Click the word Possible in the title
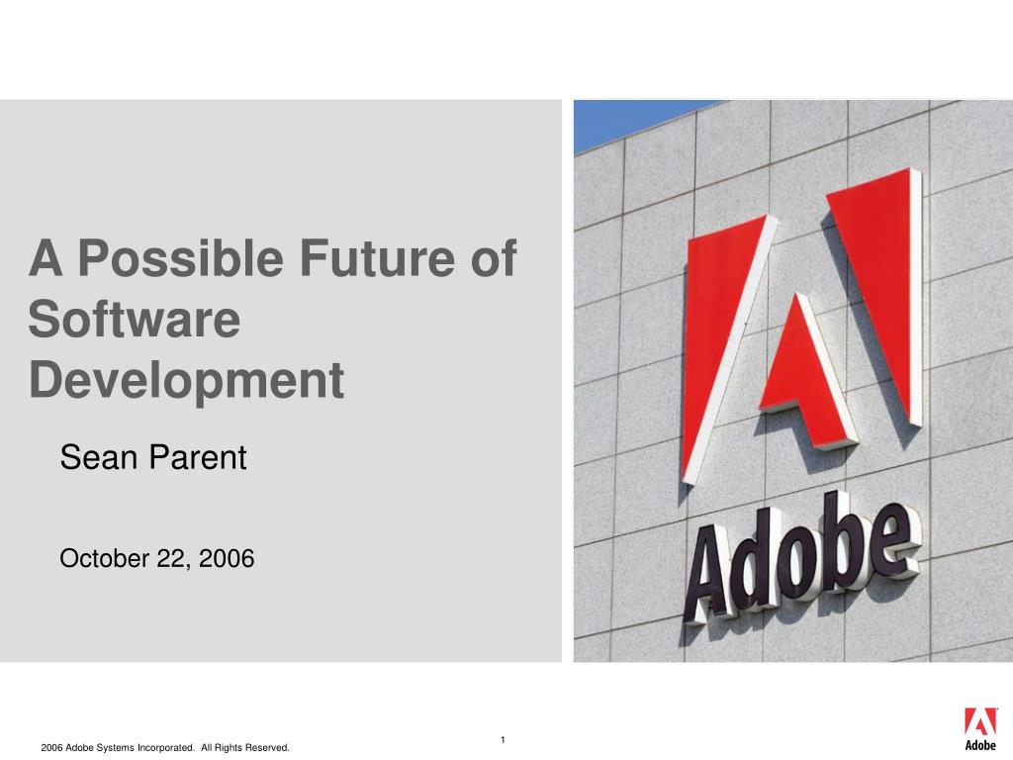[x=180, y=259]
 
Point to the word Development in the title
[x=187, y=381]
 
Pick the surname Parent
[x=197, y=457]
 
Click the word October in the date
[x=105, y=558]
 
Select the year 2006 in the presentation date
[x=227, y=558]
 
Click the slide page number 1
[x=503, y=740]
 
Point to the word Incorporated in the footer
[x=166, y=748]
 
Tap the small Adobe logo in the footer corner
[x=980, y=729]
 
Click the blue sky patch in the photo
[x=620, y=123]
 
